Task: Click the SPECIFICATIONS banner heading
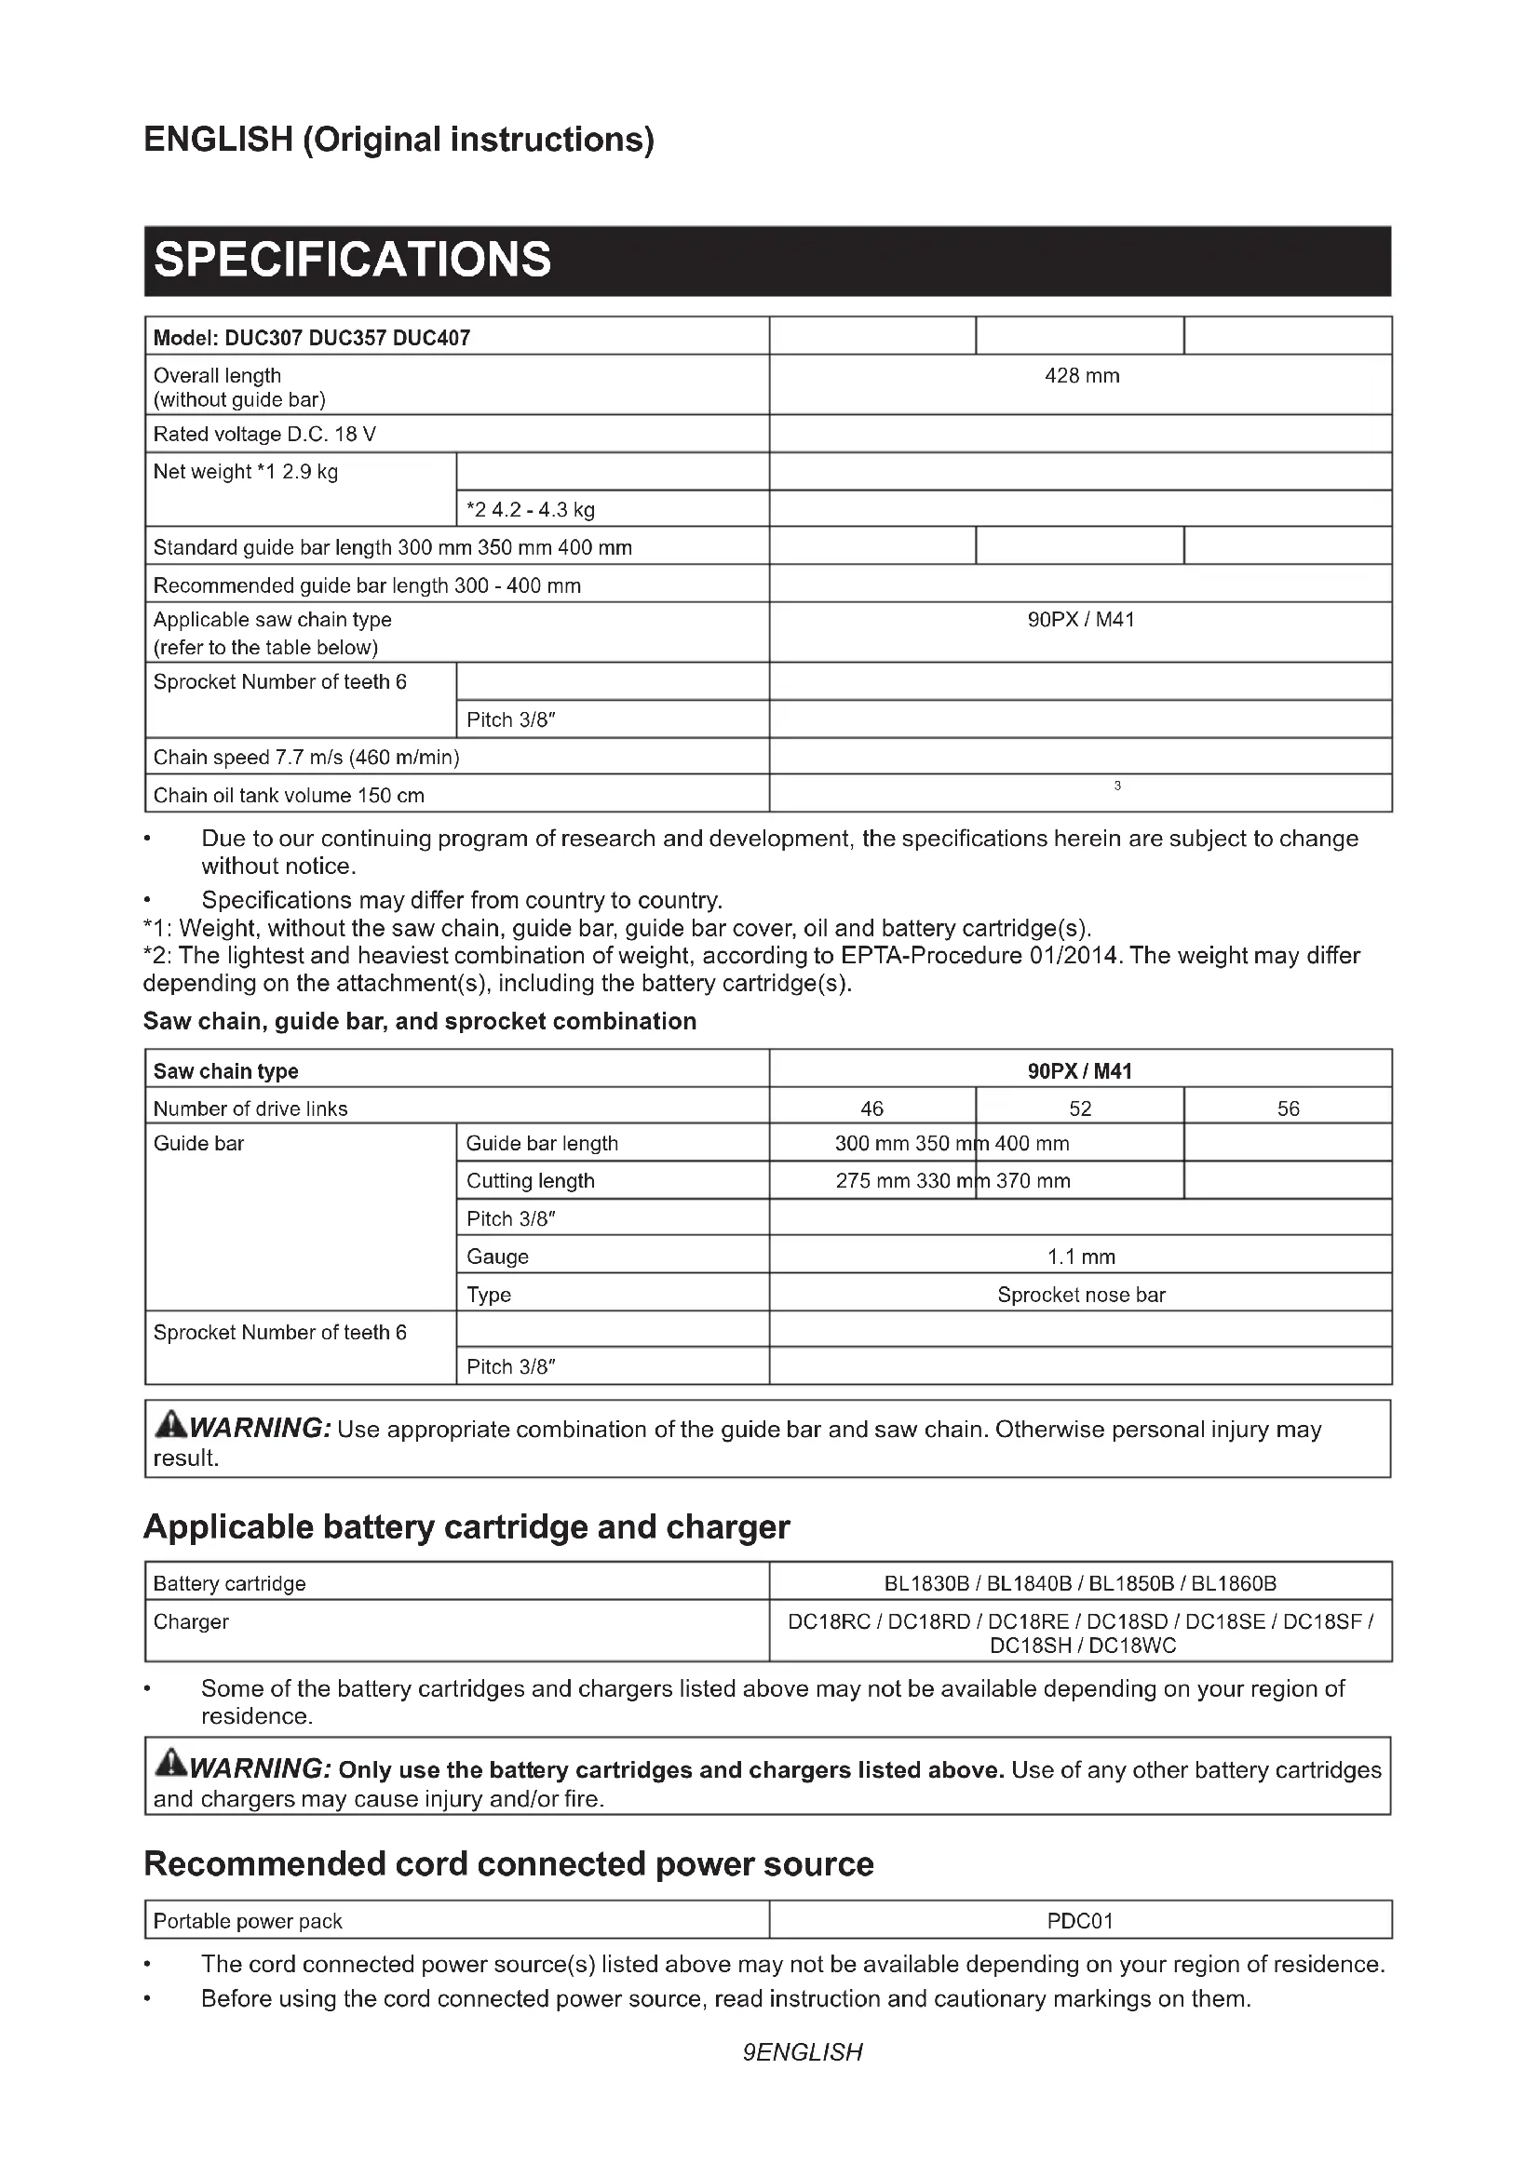tap(352, 260)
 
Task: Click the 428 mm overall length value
tap(1081, 376)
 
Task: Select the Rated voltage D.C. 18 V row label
tap(264, 435)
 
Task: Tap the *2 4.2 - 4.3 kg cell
tap(530, 510)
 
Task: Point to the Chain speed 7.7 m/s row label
tap(306, 758)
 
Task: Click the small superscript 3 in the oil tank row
tap(1117, 786)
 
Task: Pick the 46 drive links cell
tap(871, 1109)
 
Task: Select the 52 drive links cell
tap(1080, 1109)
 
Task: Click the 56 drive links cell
tap(1288, 1109)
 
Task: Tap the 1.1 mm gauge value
tap(1081, 1257)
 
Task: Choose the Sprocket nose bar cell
tap(1081, 1296)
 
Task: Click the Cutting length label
tap(530, 1181)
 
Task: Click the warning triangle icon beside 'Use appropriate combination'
tap(170, 1424)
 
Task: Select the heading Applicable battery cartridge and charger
tap(466, 1527)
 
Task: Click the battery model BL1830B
tap(926, 1584)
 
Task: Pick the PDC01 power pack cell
tap(1080, 1921)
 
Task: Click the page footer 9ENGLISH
tap(803, 2053)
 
